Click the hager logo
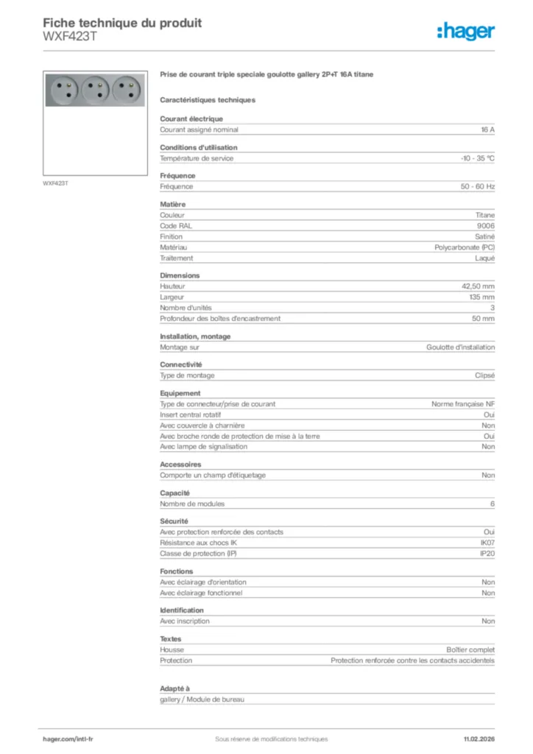click(x=465, y=31)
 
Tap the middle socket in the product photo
click(x=93, y=89)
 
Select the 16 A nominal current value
click(x=487, y=130)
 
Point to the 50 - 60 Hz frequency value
click(x=478, y=187)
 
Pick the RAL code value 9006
click(x=486, y=226)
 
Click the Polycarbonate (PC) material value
click(x=465, y=247)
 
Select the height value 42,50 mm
click(x=478, y=286)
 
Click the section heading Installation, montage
click(x=195, y=337)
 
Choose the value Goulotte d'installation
click(x=460, y=347)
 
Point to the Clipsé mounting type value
click(x=484, y=376)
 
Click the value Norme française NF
click(x=463, y=404)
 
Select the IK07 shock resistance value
click(x=487, y=543)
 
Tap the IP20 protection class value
click(x=487, y=553)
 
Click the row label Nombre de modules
click(x=192, y=504)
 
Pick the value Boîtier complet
click(x=470, y=650)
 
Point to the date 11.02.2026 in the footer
click(x=479, y=739)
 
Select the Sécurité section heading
click(x=174, y=521)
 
